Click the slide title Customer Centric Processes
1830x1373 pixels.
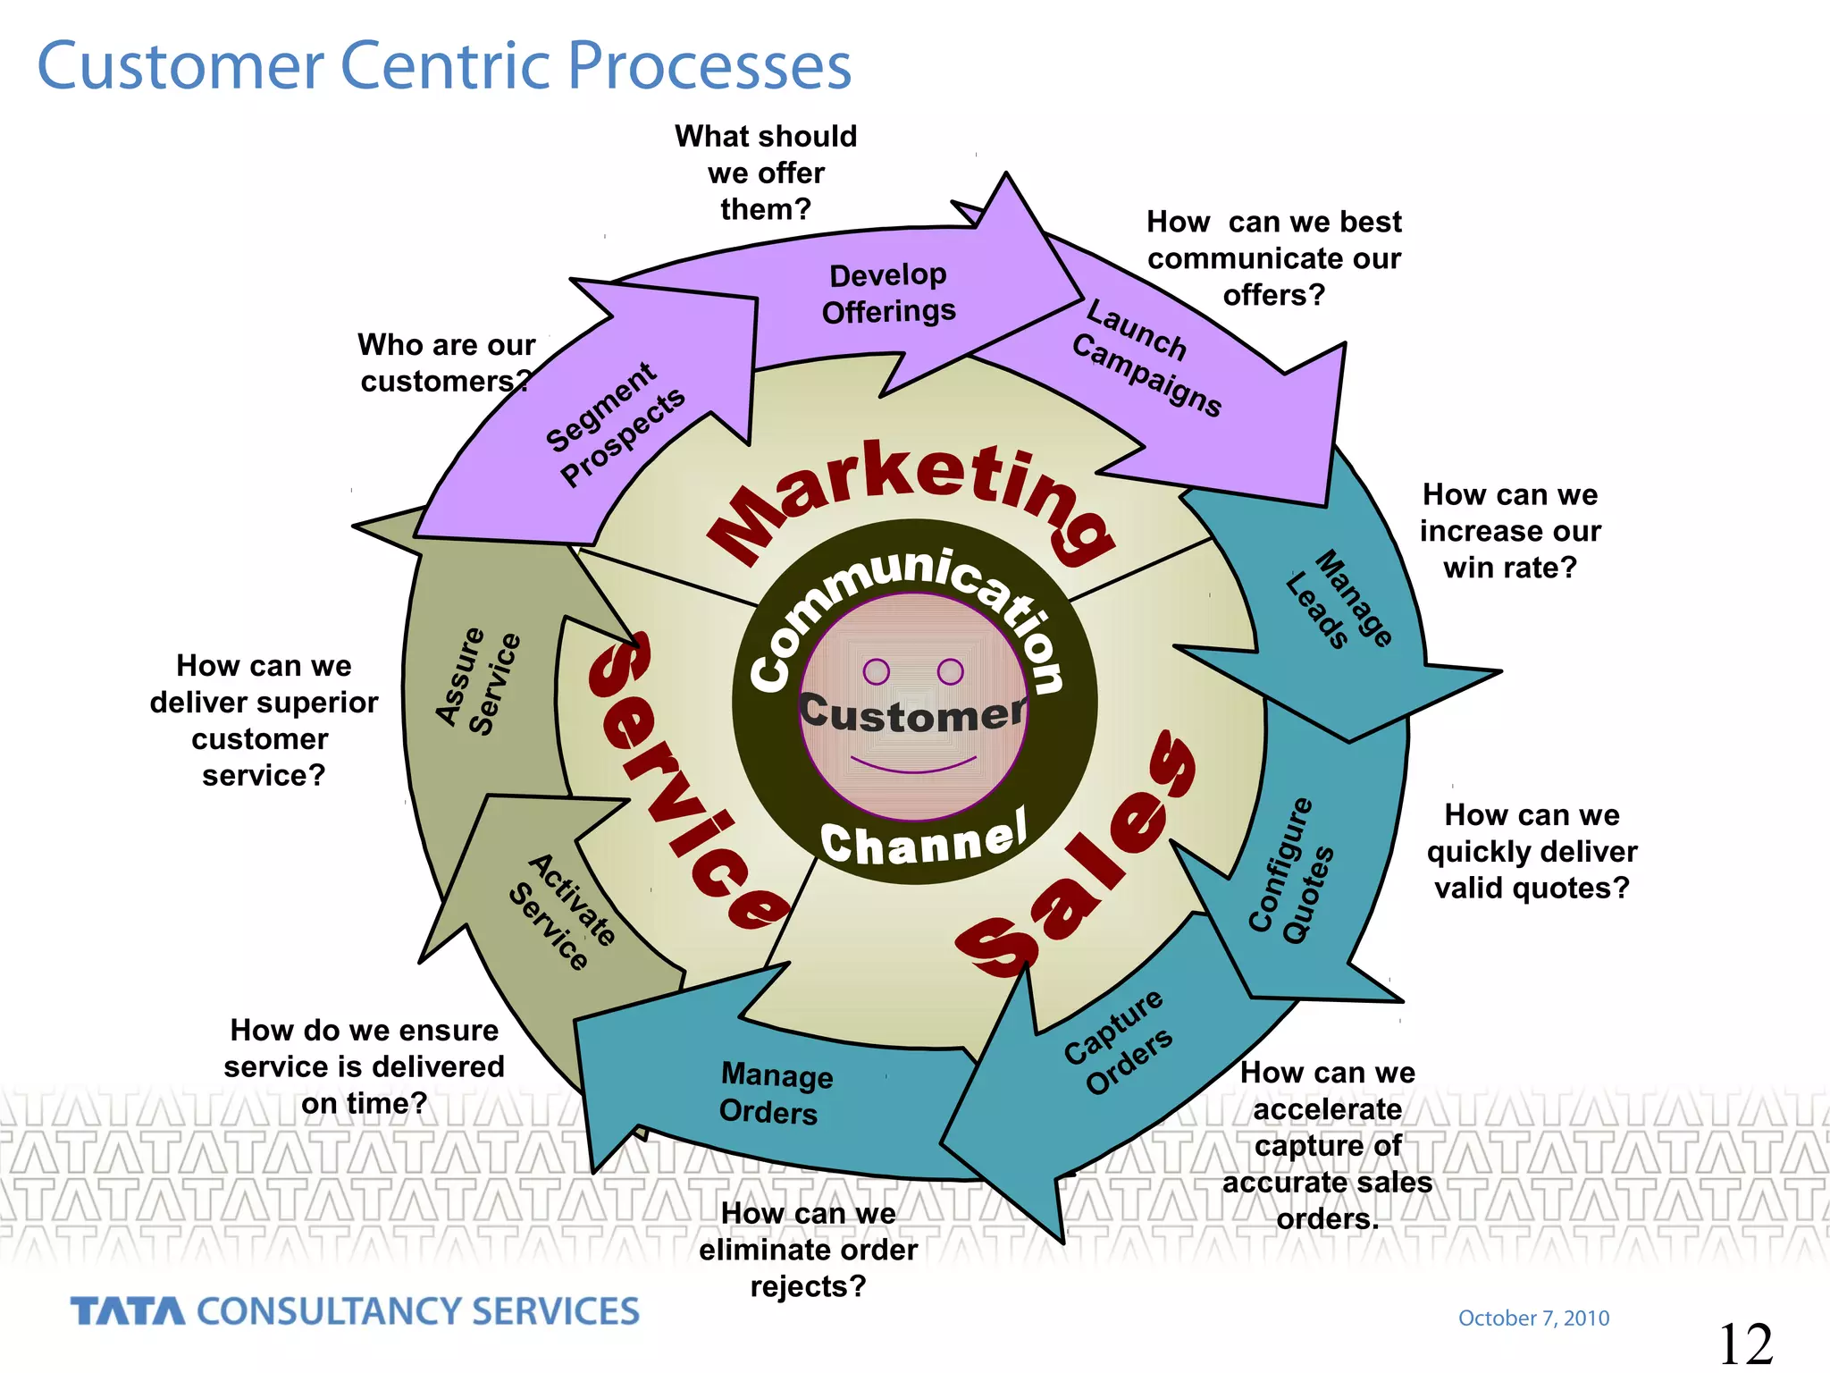coord(444,66)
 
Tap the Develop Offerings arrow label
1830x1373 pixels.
coord(888,293)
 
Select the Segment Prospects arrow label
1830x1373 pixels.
coord(615,424)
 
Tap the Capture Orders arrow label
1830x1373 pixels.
coord(1118,1041)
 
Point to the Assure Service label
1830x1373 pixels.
coord(478,681)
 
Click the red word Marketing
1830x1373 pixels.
coord(911,496)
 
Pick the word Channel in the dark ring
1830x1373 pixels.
coord(923,840)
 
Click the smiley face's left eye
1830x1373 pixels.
coord(877,671)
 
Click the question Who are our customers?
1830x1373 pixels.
coord(445,363)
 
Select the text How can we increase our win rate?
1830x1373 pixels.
coord(1510,531)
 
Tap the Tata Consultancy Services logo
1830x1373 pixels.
coord(355,1311)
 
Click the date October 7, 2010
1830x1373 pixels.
coord(1533,1318)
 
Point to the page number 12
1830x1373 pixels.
coord(1745,1344)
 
